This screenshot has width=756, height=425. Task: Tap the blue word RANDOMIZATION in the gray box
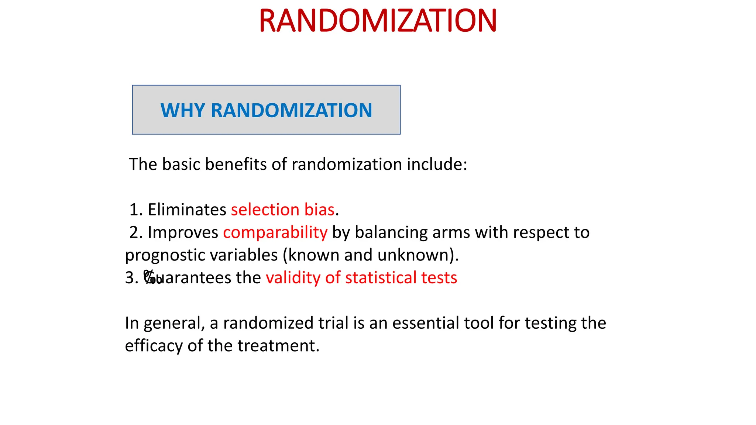pos(291,110)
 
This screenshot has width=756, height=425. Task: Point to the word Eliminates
pos(187,210)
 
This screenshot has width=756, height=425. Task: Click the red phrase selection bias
pos(282,210)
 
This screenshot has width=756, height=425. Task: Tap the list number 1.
pos(134,210)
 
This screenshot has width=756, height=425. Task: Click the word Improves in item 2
pos(183,232)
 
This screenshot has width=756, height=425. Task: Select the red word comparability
pos(275,232)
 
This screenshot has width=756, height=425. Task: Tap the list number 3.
pos(130,278)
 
